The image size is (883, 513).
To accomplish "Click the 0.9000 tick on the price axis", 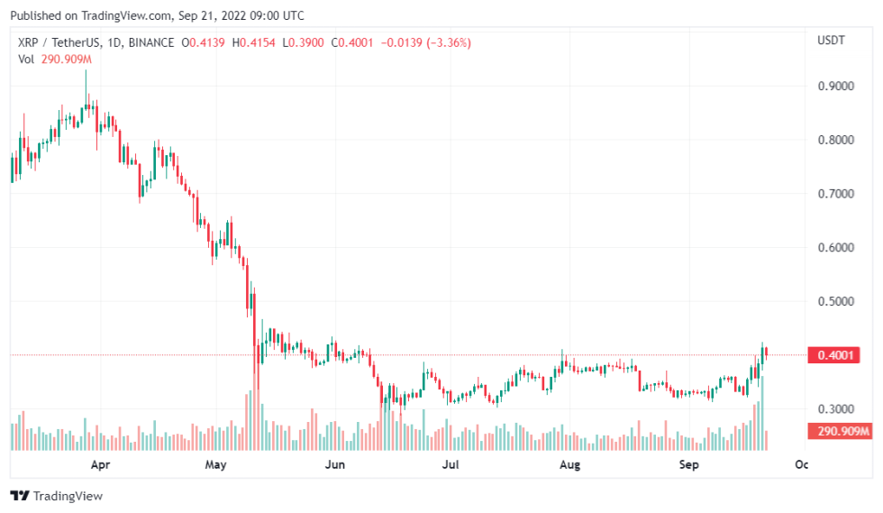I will coord(835,87).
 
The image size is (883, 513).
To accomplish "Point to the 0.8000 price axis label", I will coord(835,140).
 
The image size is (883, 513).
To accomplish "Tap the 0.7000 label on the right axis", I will coord(835,194).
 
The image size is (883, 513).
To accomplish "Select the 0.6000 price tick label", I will coord(835,247).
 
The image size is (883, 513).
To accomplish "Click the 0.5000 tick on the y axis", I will coord(835,301).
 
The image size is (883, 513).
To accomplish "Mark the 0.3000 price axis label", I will coord(835,408).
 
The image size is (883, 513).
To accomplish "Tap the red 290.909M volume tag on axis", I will coord(842,432).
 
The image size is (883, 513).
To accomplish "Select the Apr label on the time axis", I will coord(100,465).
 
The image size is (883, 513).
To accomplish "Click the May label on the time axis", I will coord(215,465).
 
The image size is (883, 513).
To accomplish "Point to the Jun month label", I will coord(334,465).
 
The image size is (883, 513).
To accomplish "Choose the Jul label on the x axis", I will coord(451,465).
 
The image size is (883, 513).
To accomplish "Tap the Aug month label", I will coord(569,465).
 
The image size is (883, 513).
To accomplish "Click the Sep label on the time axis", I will coord(688,465).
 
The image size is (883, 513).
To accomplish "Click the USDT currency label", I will coord(830,41).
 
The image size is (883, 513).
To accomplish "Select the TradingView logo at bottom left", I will coord(56,496).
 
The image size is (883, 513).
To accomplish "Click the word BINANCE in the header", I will coord(152,42).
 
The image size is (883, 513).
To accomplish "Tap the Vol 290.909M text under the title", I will coord(55,59).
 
